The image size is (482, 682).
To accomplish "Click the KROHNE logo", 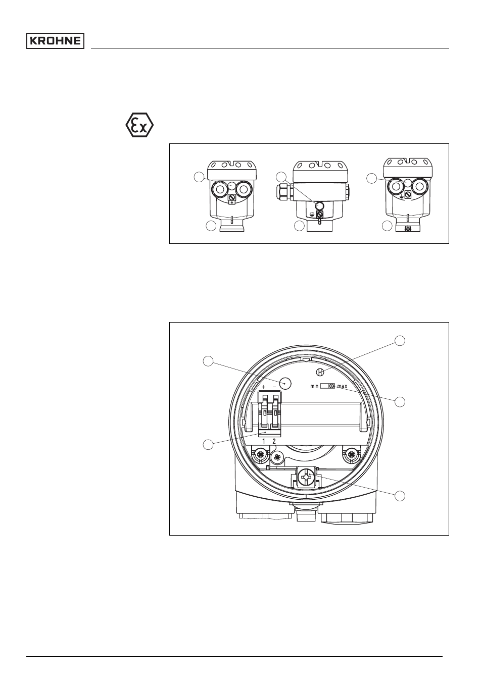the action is tap(55, 41).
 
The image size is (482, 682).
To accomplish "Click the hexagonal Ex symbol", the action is tap(139, 125).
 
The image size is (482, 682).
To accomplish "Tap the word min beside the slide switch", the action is tap(314, 386).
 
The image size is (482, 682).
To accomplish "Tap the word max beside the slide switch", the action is tap(342, 386).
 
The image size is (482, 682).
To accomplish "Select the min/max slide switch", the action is tap(327, 386).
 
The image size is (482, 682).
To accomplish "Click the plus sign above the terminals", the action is tap(264, 387).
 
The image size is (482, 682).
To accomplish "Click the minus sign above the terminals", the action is tap(274, 387).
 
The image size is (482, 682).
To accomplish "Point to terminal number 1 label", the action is tap(264, 441).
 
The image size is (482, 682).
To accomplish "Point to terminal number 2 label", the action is tap(274, 441).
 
